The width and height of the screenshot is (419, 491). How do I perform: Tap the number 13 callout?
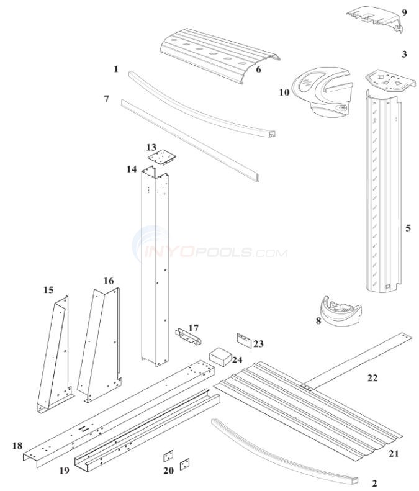(151, 147)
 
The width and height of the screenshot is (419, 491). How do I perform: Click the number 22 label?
(372, 378)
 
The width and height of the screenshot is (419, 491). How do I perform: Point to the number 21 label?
(394, 454)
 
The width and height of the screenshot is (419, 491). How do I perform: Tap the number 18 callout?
(17, 446)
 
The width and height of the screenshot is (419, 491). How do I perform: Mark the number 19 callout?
(64, 471)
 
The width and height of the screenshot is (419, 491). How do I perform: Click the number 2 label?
(374, 483)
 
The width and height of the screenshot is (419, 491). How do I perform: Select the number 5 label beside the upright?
(408, 228)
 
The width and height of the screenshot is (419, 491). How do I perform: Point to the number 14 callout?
(131, 169)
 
